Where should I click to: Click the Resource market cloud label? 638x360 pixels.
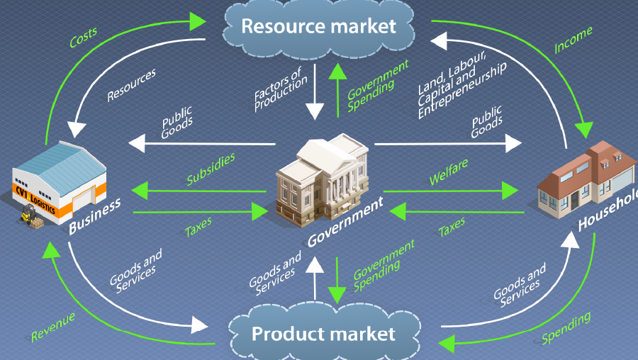[x=318, y=26]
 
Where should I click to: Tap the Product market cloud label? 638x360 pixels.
[x=323, y=334]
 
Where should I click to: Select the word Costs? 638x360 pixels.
[x=83, y=38]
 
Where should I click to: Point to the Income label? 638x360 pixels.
[x=573, y=40]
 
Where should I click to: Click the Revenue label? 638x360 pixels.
[x=53, y=327]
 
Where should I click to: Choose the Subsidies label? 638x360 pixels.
[x=211, y=169]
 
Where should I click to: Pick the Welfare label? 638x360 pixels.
[x=449, y=171]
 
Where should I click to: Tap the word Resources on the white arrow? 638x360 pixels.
[x=131, y=85]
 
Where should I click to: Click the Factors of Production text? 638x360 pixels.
[x=280, y=89]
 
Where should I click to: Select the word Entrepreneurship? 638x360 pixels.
[x=463, y=91]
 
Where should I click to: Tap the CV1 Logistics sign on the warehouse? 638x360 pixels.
[x=35, y=199]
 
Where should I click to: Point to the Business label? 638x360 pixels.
[x=94, y=216]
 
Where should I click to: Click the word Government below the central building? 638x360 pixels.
[x=345, y=222]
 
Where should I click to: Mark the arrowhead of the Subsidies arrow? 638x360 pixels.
[x=140, y=191]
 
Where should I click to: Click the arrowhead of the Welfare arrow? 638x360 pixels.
[x=510, y=191]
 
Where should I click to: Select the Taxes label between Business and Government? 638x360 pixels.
[x=198, y=227]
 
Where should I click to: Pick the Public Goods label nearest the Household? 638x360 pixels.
[x=486, y=122]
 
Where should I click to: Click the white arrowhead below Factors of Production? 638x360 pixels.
[x=315, y=111]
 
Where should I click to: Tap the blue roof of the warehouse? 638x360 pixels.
[x=61, y=167]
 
